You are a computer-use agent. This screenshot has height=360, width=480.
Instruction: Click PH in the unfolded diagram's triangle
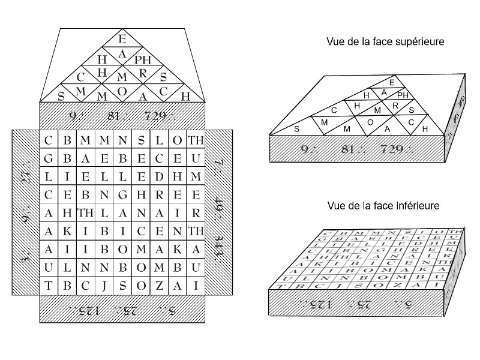click(144, 60)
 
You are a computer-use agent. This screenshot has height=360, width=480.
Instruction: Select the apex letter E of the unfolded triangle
click(122, 40)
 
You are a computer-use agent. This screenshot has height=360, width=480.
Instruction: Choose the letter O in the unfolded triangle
click(122, 91)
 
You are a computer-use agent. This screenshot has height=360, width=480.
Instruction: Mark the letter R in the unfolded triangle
click(143, 74)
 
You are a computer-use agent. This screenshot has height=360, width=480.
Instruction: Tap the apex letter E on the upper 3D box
click(392, 82)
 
